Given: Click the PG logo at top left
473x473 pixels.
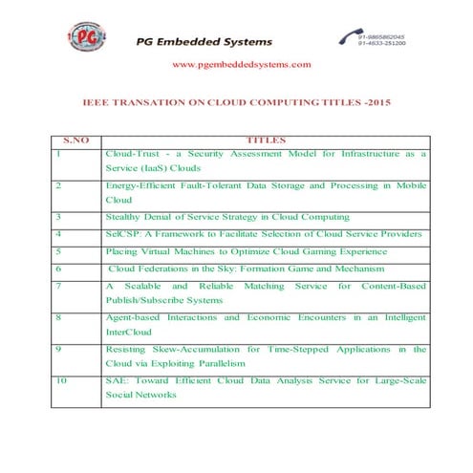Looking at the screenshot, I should [88, 39].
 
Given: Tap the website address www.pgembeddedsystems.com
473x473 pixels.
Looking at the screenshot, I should [241, 64].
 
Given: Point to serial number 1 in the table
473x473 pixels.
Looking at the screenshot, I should [59, 153].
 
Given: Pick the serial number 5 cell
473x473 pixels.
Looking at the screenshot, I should [59, 250].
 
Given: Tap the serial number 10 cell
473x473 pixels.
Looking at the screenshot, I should [62, 380].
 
